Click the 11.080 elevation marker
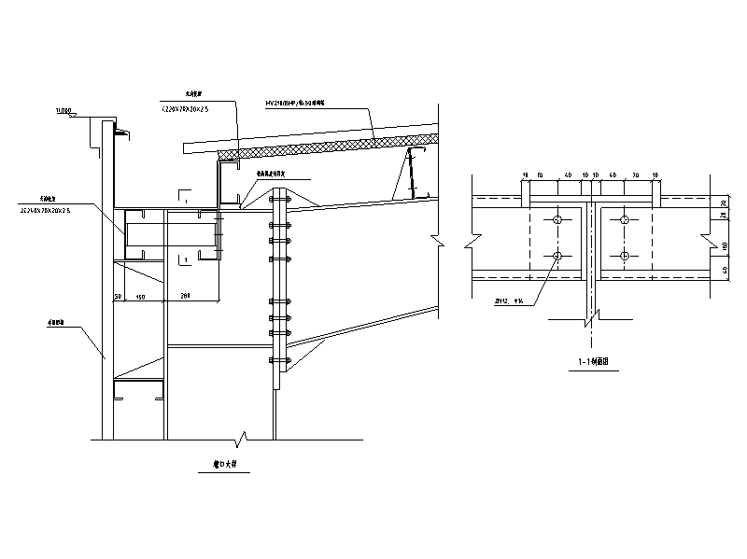pyautogui.click(x=64, y=111)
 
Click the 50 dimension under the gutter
pyautogui.click(x=119, y=296)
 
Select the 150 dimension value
pyautogui.click(x=141, y=296)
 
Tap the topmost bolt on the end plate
pyautogui.click(x=276, y=198)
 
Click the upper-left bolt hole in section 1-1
pyautogui.click(x=557, y=220)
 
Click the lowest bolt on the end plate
pyautogui.click(x=276, y=359)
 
